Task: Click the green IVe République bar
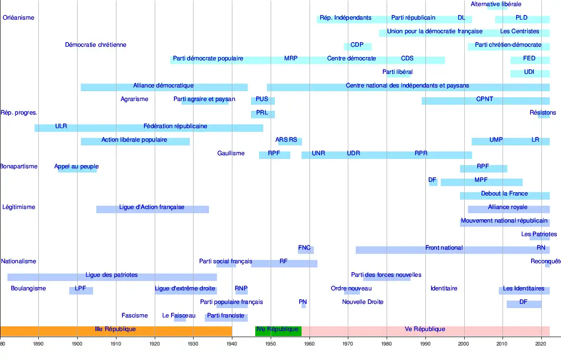[278, 330]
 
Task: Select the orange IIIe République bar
[115, 330]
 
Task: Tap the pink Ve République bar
[424, 330]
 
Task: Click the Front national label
[444, 248]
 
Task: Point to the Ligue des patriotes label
[111, 275]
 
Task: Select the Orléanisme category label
[18, 18]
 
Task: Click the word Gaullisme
[230, 153]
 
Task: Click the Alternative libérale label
[496, 4]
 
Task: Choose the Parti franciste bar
[226, 317]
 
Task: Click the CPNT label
[484, 99]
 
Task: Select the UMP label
[496, 140]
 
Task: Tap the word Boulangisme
[28, 288]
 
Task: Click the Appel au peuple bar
[77, 168]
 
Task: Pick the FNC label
[304, 248]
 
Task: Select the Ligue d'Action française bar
[152, 209]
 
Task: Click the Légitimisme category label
[19, 207]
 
